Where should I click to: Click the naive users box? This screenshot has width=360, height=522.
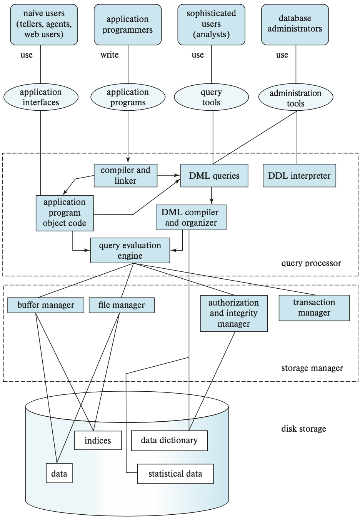tap(44, 24)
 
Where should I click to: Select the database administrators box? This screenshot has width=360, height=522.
tap(295, 24)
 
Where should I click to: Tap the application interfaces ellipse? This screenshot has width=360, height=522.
tap(41, 97)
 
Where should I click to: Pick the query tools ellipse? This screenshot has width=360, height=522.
tap(211, 97)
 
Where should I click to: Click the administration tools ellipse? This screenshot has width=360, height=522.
tap(295, 98)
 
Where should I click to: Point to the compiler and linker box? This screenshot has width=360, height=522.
tap(125, 176)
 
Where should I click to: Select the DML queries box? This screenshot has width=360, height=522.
tap(214, 176)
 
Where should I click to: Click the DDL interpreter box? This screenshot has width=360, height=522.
tap(299, 176)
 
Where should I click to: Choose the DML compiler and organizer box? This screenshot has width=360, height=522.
tap(191, 218)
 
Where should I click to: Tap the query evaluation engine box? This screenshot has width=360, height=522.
tap(130, 251)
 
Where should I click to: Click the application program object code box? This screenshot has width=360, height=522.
tap(65, 213)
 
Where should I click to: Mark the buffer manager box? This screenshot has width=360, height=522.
tap(46, 305)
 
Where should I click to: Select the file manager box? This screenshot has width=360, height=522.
tap(122, 305)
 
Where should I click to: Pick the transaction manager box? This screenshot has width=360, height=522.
tap(314, 308)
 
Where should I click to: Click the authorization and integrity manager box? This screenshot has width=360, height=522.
tap(233, 313)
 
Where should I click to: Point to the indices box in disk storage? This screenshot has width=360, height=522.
tap(98, 441)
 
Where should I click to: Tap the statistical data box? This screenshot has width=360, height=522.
tap(175, 474)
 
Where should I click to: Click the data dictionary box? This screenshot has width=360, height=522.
tap(169, 441)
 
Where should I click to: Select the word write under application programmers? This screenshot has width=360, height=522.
tap(110, 55)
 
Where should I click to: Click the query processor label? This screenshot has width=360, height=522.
tap(311, 263)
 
